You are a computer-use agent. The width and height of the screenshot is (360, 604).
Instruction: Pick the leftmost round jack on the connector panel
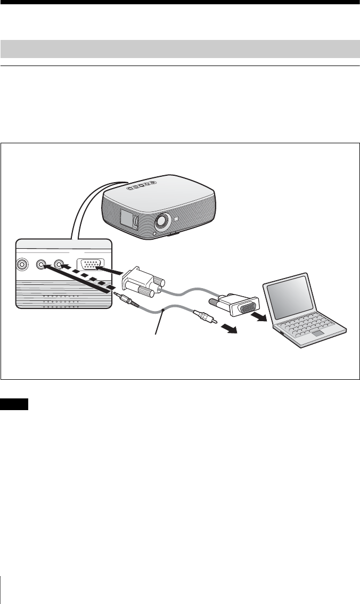tap(22, 264)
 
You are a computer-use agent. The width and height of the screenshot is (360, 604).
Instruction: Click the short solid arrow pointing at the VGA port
tap(113, 272)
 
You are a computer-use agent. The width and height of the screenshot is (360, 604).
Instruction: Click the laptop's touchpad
tap(318, 334)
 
